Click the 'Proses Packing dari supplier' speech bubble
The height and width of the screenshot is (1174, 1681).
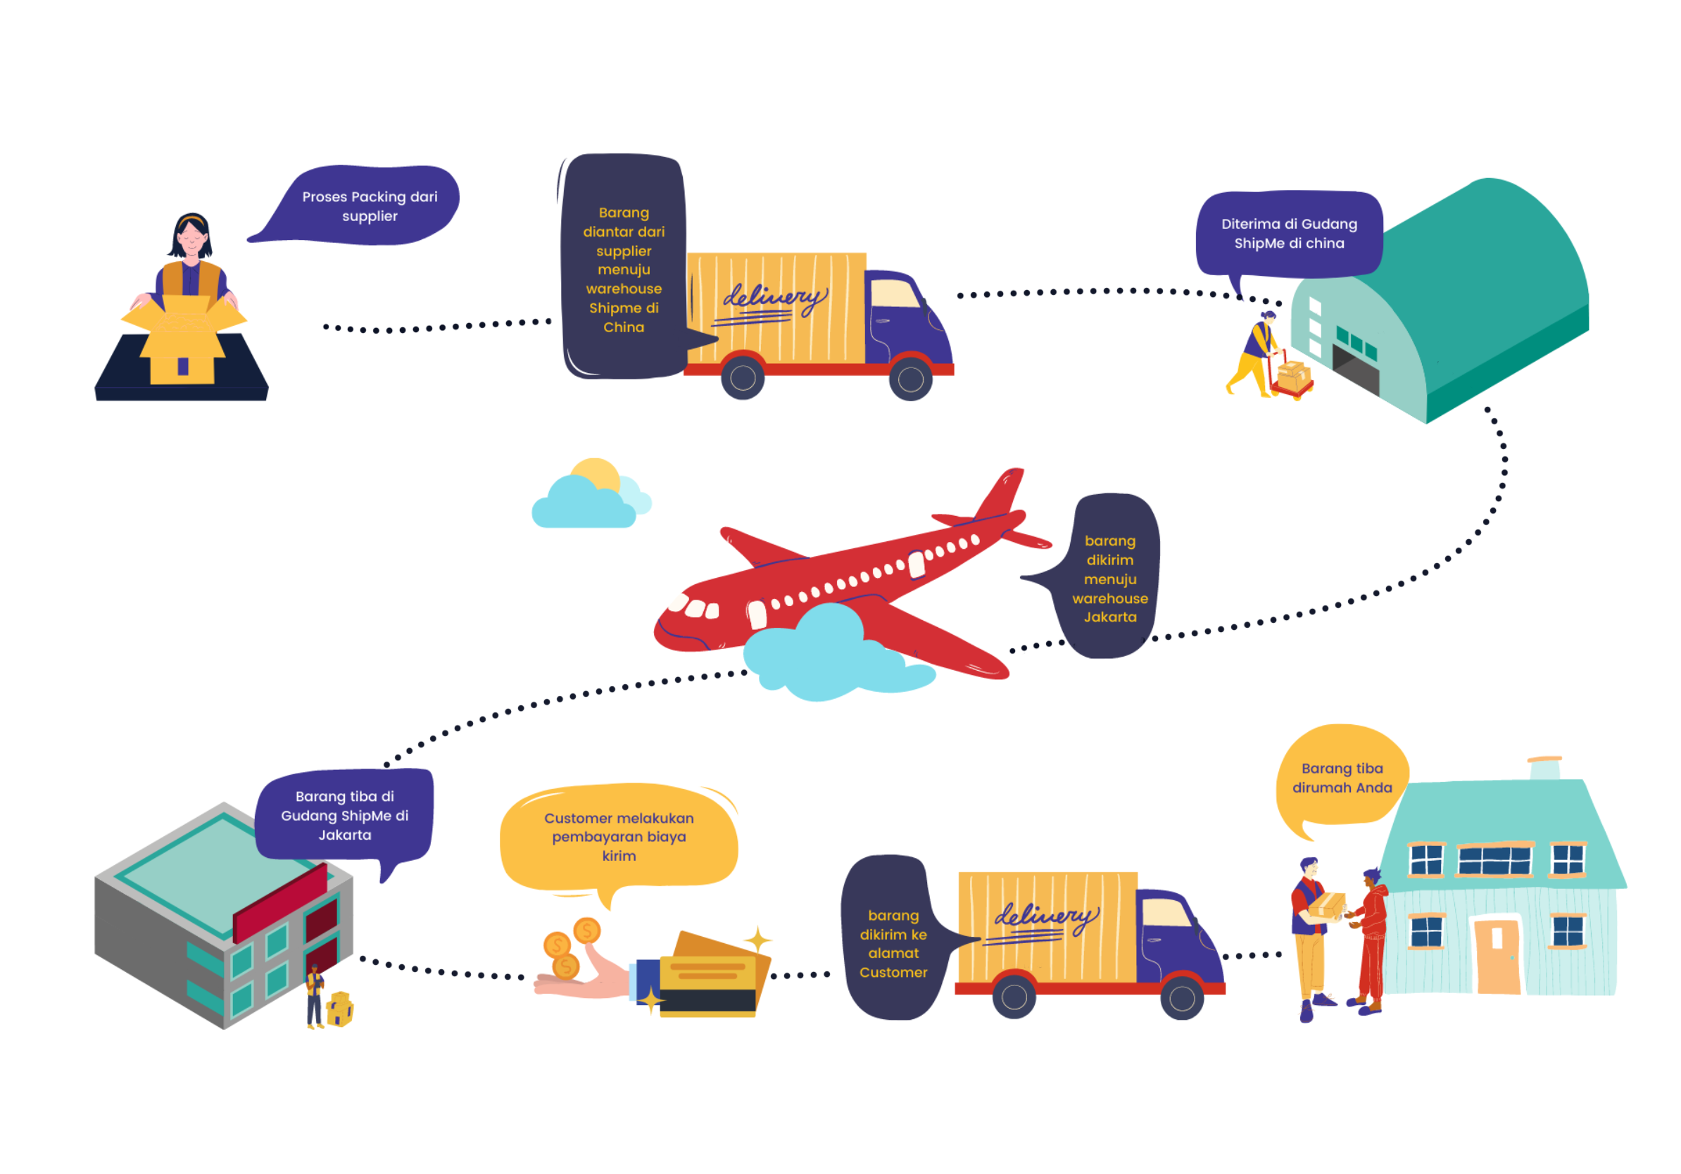pyautogui.click(x=369, y=206)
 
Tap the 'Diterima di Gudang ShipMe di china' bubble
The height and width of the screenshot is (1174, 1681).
pyautogui.click(x=1289, y=234)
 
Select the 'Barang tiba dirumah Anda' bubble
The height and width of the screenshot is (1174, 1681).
pyautogui.click(x=1341, y=777)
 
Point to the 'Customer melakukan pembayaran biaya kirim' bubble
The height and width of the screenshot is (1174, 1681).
pyautogui.click(x=619, y=836)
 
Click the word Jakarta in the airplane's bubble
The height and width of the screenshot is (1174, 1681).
pyautogui.click(x=1110, y=617)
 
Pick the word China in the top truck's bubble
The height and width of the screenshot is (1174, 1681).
pyautogui.click(x=623, y=327)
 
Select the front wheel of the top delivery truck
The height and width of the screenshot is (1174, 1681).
pyautogui.click(x=910, y=379)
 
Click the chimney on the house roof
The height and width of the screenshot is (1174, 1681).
pyautogui.click(x=1544, y=768)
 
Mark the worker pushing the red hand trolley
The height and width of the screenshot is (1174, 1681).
pyautogui.click(x=1257, y=351)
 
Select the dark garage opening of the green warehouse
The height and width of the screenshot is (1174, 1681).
pyautogui.click(x=1355, y=370)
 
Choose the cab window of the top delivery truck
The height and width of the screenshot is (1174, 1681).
pyautogui.click(x=894, y=293)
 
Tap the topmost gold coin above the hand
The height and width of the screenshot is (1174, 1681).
pyautogui.click(x=586, y=930)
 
